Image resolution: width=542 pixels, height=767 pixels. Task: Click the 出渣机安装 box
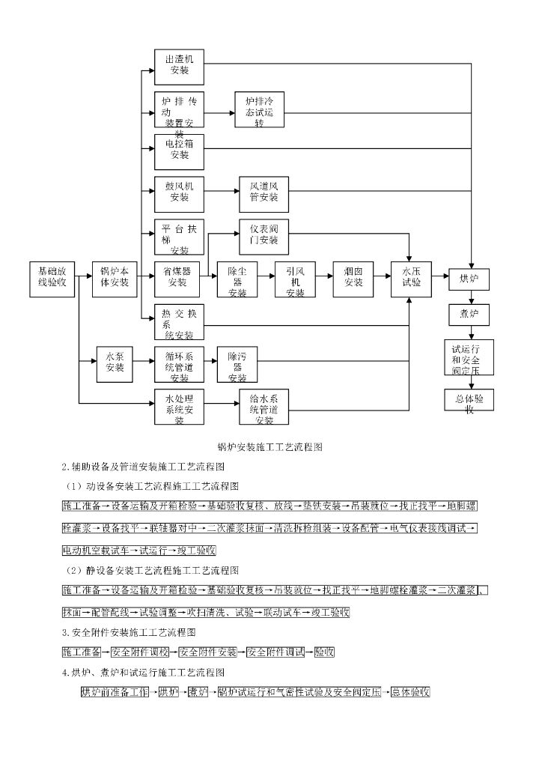coord(180,67)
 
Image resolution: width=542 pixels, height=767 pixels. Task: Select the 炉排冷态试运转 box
coord(260,111)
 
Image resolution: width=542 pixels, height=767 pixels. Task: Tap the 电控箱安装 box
coord(180,151)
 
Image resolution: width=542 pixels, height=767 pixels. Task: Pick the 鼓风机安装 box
coord(180,193)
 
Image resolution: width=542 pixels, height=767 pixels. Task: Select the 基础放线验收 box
coord(52,279)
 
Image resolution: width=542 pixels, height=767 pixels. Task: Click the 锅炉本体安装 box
coord(115,279)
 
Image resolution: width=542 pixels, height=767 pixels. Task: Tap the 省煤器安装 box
coord(178,279)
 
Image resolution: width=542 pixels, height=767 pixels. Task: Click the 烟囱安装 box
coord(353,279)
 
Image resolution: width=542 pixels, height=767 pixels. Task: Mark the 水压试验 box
coord(412,279)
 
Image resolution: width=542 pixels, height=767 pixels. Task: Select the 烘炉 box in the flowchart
coord(469,280)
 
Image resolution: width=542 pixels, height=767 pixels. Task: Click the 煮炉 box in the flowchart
coord(469,315)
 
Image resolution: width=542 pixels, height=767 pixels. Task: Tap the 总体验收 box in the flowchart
coord(469,401)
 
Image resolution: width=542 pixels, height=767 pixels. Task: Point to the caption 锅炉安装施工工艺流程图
coord(270,447)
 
